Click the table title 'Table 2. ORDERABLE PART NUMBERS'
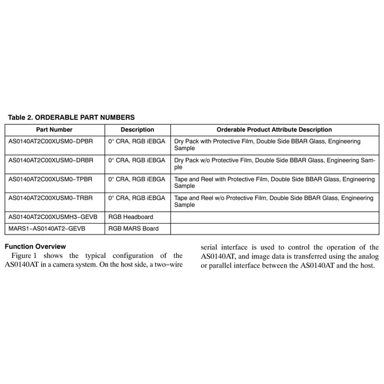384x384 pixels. tap(71, 117)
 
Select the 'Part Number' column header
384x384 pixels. tap(54, 130)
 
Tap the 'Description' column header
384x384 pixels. tap(137, 130)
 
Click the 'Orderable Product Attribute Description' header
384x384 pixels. tap(274, 130)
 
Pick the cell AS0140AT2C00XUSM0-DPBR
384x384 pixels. tap(51, 141)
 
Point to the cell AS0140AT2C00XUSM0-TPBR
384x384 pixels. tap(51, 179)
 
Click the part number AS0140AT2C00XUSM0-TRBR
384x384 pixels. tap(51, 197)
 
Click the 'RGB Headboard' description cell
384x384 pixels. tap(131, 217)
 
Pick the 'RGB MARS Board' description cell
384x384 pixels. tap(133, 229)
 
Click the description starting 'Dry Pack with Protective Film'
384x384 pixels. tap(268, 145)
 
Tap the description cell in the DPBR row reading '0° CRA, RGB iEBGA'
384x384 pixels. tap(137, 141)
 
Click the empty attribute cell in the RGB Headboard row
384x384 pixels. tap(274, 217)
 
